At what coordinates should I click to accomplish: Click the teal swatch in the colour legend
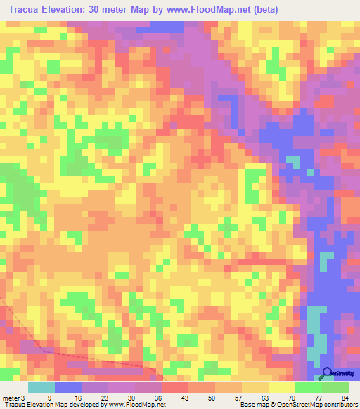click(x=41, y=387)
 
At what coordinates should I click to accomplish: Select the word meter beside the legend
click(x=9, y=397)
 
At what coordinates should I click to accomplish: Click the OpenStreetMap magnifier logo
click(x=328, y=373)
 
